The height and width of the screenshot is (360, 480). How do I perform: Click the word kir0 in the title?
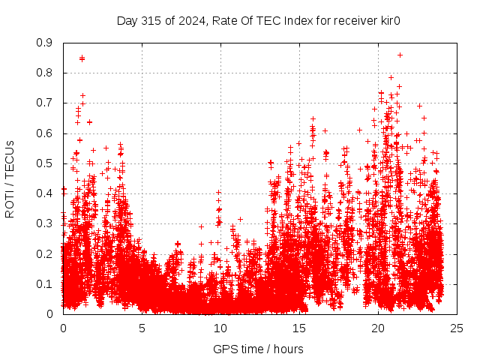click(x=387, y=20)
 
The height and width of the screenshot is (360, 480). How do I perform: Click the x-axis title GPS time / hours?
click(x=259, y=349)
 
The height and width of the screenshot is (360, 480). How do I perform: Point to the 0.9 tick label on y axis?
click(x=44, y=43)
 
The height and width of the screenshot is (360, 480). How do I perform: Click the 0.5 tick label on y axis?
click(x=44, y=163)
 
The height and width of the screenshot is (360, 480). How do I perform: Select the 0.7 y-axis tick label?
click(x=44, y=103)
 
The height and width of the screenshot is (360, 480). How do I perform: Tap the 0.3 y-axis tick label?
click(x=44, y=223)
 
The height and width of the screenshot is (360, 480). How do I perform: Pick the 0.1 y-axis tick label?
click(x=44, y=283)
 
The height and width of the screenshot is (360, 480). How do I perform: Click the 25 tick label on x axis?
click(x=457, y=328)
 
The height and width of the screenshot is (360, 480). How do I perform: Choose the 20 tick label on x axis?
click(x=378, y=328)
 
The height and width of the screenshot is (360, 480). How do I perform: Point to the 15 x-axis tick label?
click(x=299, y=328)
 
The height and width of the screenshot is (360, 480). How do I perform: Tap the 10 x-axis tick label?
click(x=220, y=328)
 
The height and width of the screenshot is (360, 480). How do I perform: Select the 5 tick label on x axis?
click(x=142, y=328)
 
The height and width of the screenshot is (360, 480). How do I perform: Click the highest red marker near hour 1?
click(x=82, y=58)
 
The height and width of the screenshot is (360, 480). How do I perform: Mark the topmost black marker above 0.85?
click(x=400, y=55)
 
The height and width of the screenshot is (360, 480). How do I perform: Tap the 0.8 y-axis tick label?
click(x=44, y=73)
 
